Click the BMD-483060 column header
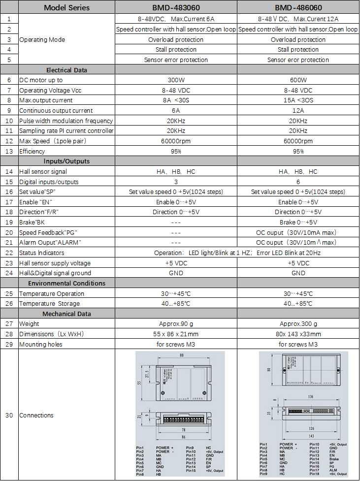[x=176, y=7]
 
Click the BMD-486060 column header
[x=298, y=7]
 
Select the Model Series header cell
[x=66, y=7]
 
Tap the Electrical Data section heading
[x=66, y=70]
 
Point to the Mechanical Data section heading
[x=66, y=314]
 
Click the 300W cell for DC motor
[x=176, y=80]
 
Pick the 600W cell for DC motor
[x=298, y=80]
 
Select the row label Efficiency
[x=32, y=151]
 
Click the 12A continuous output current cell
[x=298, y=111]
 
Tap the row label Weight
[x=29, y=324]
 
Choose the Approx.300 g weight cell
[x=298, y=324]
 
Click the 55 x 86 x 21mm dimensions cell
[x=176, y=334]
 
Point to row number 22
[x=9, y=253]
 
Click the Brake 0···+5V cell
[x=298, y=222]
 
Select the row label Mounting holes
[x=40, y=344]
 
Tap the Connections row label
[x=36, y=415]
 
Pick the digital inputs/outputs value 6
[x=298, y=182]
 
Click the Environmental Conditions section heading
[x=66, y=283]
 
